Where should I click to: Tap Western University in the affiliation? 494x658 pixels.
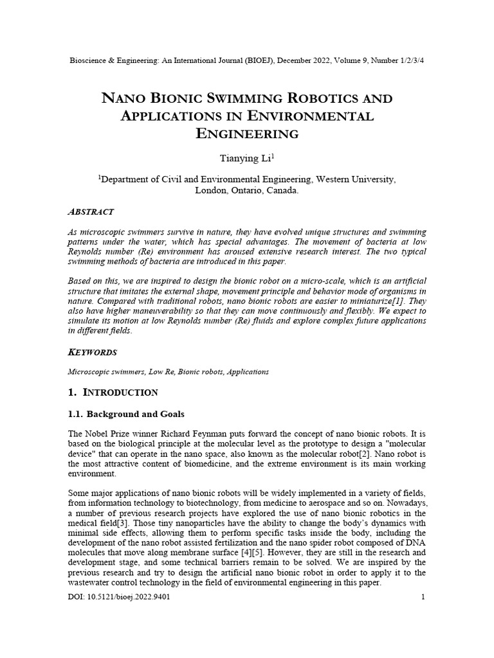[x=356, y=180]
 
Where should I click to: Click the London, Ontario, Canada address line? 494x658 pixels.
[x=246, y=191]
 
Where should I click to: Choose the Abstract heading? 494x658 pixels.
[x=91, y=211]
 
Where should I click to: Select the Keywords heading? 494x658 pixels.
[x=93, y=352]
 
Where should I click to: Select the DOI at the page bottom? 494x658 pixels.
[x=119, y=597]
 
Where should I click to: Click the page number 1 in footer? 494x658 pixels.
[x=423, y=597]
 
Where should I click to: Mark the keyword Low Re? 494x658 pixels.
[x=160, y=371]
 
